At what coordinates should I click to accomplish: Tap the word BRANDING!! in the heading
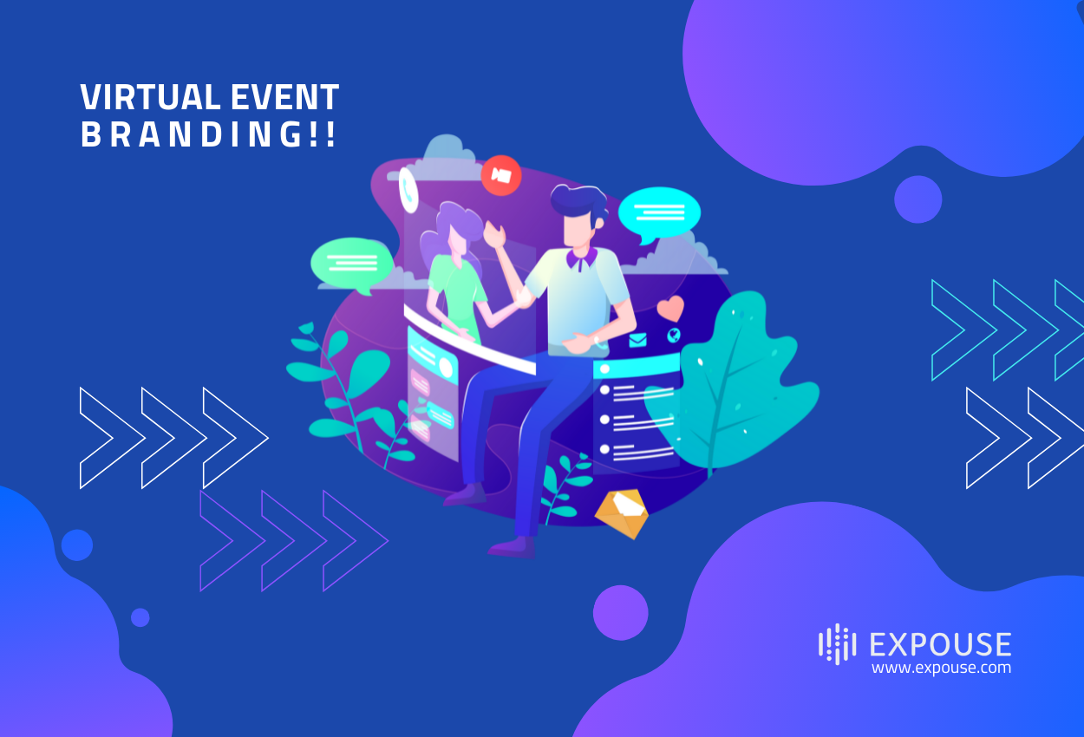pyautogui.click(x=208, y=135)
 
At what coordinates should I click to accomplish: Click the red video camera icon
pyautogui.click(x=500, y=175)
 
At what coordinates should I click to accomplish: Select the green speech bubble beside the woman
pyautogui.click(x=351, y=263)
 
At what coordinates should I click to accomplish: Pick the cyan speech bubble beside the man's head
pyautogui.click(x=658, y=212)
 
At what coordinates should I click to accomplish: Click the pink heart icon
pyautogui.click(x=670, y=309)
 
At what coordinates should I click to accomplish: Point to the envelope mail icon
pyautogui.click(x=638, y=339)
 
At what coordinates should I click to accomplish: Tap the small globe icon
pyautogui.click(x=674, y=335)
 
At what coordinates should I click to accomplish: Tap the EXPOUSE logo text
pyautogui.click(x=939, y=644)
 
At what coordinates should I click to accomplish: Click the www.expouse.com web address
pyautogui.click(x=941, y=668)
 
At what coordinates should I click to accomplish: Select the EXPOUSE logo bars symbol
pyautogui.click(x=837, y=644)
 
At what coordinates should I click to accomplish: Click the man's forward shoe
pyautogui.click(x=511, y=547)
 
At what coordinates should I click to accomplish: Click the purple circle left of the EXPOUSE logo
pyautogui.click(x=620, y=612)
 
